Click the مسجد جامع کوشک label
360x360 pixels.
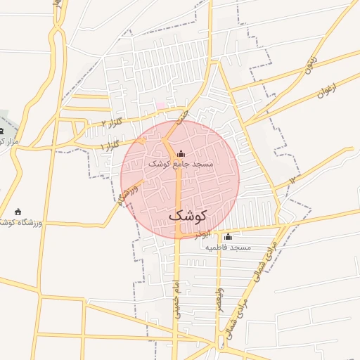[x=180, y=163]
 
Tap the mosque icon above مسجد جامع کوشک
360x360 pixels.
[x=181, y=153]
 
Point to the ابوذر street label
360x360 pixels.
[x=201, y=233]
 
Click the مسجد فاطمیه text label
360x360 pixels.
[x=229, y=247]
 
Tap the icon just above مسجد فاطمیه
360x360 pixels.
[x=227, y=237]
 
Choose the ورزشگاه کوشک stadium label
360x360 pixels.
[x=21, y=222]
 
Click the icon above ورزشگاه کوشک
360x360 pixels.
[x=18, y=212]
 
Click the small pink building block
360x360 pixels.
[x=160, y=105]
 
